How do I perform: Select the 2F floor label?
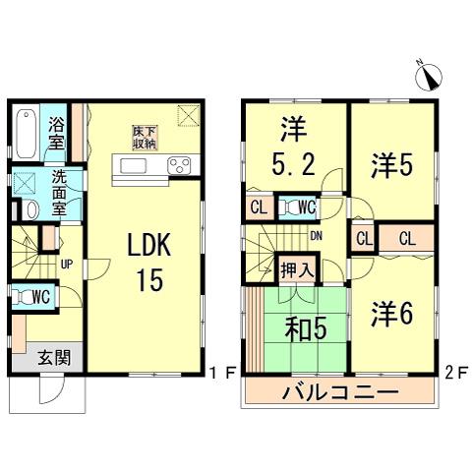pyautogui.click(x=454, y=373)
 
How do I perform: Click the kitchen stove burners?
pyautogui.click(x=181, y=165)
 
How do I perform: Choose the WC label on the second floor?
pyautogui.click(x=306, y=207)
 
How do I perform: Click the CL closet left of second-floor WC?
pyautogui.click(x=259, y=207)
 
